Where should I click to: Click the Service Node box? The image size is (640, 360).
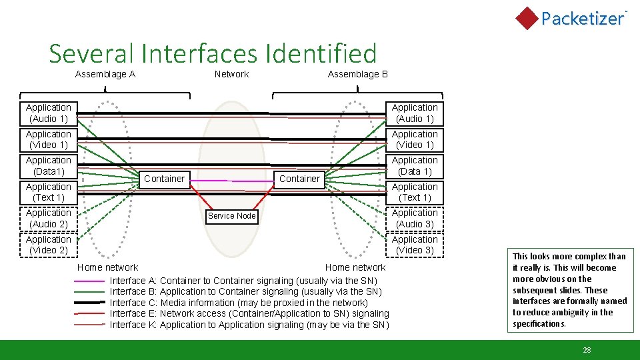[231, 215]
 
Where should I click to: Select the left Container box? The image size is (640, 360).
[164, 179]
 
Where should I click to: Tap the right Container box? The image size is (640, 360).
[299, 179]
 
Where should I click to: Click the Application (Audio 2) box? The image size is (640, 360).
[49, 219]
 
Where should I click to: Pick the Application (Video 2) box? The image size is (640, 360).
[49, 245]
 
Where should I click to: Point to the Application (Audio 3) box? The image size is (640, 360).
[415, 219]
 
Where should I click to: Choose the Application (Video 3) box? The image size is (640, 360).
[415, 245]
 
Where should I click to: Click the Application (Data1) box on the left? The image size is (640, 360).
[49, 166]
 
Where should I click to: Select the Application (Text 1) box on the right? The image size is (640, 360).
[415, 192]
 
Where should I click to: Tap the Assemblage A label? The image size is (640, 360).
[105, 74]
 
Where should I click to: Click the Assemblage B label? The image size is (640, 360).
[357, 74]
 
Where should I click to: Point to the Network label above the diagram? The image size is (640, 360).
[231, 74]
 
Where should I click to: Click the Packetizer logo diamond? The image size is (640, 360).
[527, 18]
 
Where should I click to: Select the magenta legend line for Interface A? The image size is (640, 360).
[90, 281]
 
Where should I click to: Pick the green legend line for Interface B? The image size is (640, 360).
[90, 292]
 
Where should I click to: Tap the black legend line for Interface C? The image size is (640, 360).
[90, 303]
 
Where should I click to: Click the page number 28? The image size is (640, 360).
[587, 350]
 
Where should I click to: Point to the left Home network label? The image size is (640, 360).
[107, 267]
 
